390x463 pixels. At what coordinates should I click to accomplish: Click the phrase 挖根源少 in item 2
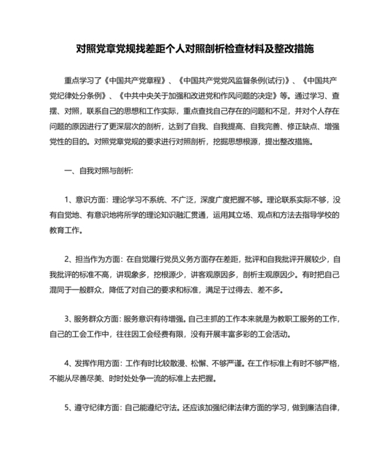point(181,274)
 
